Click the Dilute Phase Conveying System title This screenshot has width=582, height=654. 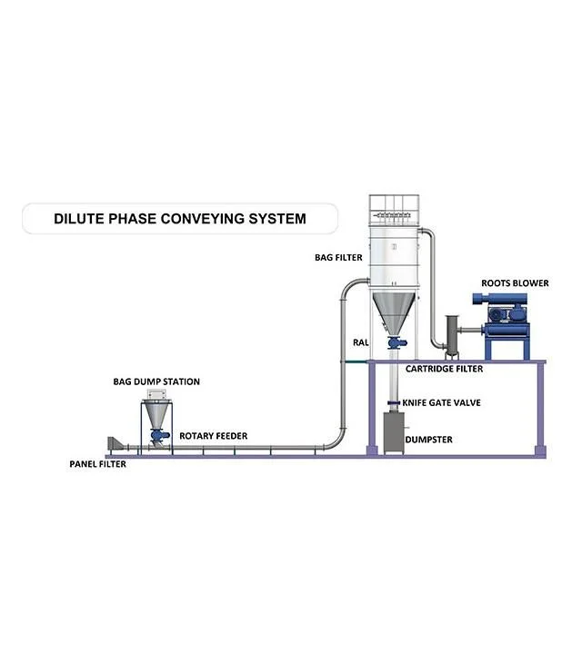(x=180, y=219)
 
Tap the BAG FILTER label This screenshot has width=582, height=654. (x=338, y=258)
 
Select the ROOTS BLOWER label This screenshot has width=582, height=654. (x=515, y=283)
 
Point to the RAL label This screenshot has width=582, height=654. (x=361, y=342)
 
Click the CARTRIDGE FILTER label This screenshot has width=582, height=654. (x=444, y=369)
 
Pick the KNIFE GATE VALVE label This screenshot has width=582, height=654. (x=441, y=402)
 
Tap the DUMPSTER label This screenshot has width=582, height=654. (x=429, y=440)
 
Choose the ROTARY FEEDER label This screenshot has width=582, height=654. (x=214, y=436)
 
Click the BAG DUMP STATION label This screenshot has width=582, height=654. (x=156, y=381)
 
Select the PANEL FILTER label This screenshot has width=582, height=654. (x=97, y=464)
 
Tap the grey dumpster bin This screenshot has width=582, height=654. (x=394, y=433)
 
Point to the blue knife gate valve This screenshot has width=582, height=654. (x=394, y=402)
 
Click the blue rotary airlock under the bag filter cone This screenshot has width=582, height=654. (x=396, y=342)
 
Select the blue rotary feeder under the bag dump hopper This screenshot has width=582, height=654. (x=159, y=435)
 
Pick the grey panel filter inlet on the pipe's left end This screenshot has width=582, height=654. (x=115, y=443)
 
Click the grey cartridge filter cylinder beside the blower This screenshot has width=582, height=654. (x=452, y=336)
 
